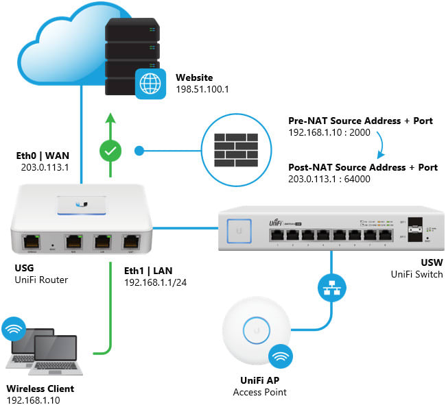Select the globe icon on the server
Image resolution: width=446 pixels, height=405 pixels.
coord(150,84)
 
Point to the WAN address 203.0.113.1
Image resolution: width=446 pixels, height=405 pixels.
coord(40,167)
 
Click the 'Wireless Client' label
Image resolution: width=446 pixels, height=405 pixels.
coord(40,389)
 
